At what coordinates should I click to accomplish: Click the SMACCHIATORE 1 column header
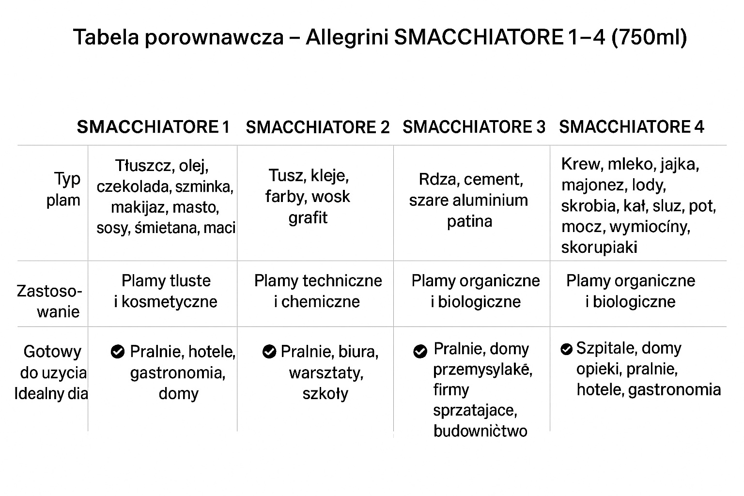[153, 127]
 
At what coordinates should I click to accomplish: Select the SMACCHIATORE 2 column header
[317, 127]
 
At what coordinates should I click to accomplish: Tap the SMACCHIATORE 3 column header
[474, 127]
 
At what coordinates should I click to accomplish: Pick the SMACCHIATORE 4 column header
[631, 127]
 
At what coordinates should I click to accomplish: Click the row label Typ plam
[64, 189]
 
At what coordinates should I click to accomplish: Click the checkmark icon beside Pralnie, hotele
[117, 352]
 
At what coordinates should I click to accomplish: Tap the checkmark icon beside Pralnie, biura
[269, 352]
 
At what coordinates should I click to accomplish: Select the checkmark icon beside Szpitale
[566, 349]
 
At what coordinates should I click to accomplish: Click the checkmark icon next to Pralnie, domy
[420, 352]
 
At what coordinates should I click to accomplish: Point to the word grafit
[308, 218]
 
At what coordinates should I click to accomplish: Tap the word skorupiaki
[599, 248]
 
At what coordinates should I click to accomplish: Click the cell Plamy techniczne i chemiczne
[318, 291]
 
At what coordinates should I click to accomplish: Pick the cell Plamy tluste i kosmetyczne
[166, 291]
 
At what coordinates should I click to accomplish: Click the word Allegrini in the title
[347, 37]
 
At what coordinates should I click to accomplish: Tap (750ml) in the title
[650, 37]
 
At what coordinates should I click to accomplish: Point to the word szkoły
[325, 393]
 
